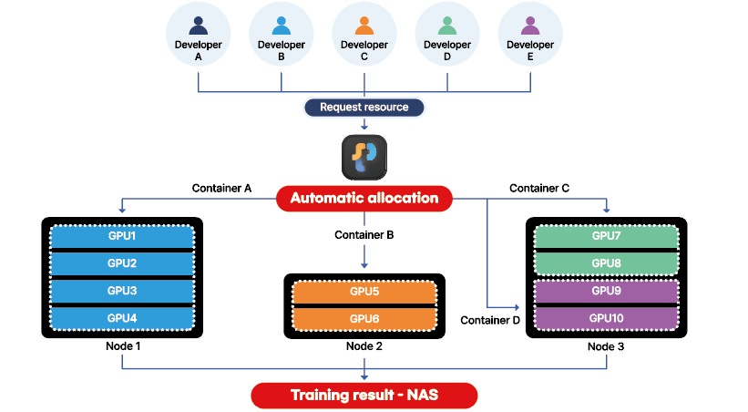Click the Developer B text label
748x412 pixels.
coord(282,50)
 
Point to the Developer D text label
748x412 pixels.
coord(447,50)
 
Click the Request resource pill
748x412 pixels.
coord(364,108)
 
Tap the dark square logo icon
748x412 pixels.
coord(364,158)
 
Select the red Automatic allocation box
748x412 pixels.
coord(364,198)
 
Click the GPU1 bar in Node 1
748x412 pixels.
coord(122,236)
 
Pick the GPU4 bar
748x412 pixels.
coord(122,318)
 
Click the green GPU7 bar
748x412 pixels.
coord(606,236)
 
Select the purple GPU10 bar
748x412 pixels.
coord(606,318)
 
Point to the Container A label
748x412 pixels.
coord(221,189)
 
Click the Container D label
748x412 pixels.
coord(490,321)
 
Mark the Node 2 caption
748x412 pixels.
coord(364,346)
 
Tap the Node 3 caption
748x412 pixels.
coord(606,347)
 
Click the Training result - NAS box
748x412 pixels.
coord(364,396)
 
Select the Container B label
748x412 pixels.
coord(364,234)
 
